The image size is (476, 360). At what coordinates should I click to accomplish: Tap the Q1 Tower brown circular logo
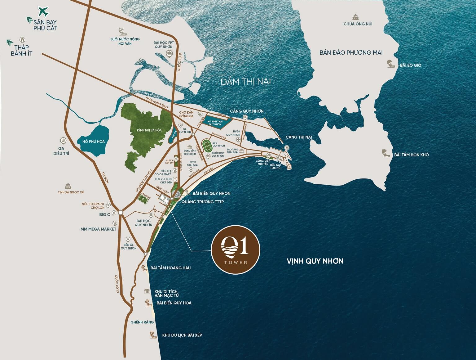click(x=235, y=250)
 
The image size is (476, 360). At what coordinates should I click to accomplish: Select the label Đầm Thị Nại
click(x=246, y=82)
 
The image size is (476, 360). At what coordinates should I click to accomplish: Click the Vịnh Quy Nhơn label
click(x=315, y=261)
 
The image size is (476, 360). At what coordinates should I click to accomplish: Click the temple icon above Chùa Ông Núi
click(x=358, y=17)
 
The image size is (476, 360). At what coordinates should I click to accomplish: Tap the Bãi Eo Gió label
click(x=410, y=65)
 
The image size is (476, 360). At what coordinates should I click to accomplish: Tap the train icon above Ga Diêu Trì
click(x=64, y=141)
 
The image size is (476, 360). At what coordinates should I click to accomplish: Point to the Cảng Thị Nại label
click(x=299, y=137)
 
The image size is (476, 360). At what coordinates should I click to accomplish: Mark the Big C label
click(x=104, y=214)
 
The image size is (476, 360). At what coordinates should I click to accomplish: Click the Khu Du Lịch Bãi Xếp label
click(x=182, y=335)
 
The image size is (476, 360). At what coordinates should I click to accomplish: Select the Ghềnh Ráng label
click(x=142, y=322)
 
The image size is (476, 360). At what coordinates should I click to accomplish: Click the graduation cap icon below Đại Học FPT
click(x=170, y=53)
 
